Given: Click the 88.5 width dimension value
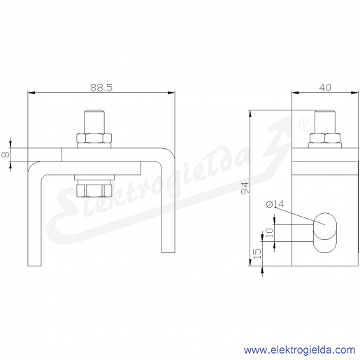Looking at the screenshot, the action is (101, 87).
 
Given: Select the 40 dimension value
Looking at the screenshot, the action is (325, 87).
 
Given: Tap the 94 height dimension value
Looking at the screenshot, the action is (245, 188).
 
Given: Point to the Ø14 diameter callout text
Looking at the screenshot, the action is (275, 204).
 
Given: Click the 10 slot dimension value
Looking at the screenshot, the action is (269, 233).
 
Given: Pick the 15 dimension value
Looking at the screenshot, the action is (257, 254).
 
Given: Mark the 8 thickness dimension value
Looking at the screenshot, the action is (6, 154).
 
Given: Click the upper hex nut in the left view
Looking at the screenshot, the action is (94, 138).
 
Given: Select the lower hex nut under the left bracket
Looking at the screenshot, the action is (94, 191).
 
